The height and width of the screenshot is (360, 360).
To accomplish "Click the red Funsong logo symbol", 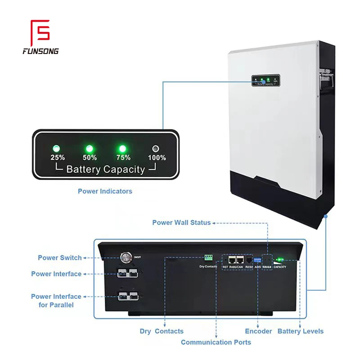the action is click(40, 32).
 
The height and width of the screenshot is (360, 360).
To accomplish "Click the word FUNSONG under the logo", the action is click(40, 51).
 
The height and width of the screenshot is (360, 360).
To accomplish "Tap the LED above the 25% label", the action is click(57, 148).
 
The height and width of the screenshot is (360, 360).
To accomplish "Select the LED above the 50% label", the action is click(90, 148).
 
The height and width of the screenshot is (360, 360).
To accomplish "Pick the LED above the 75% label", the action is click(122, 148).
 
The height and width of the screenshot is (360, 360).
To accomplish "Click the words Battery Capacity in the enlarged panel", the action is click(105, 170).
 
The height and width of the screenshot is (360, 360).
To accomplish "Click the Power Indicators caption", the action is click(105, 191).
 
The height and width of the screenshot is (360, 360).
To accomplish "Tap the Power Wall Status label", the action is click(181, 223).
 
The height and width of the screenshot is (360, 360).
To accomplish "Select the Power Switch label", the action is click(60, 258).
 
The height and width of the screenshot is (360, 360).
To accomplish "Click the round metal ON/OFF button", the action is click(125, 258).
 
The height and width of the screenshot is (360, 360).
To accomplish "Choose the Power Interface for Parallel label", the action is click(56, 301).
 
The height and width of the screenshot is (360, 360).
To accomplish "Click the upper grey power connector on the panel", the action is click(127, 273).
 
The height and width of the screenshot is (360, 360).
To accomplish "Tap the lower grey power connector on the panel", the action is click(127, 296).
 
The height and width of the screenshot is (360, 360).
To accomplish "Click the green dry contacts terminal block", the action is click(208, 257).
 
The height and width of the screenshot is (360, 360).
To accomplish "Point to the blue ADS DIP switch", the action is click(258, 261).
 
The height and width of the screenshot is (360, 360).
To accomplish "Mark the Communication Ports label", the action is click(216, 342).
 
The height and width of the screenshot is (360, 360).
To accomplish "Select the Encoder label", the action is click(258, 331).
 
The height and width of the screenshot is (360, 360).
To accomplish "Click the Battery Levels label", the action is click(300, 331).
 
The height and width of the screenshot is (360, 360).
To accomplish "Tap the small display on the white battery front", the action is click(265, 81).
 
